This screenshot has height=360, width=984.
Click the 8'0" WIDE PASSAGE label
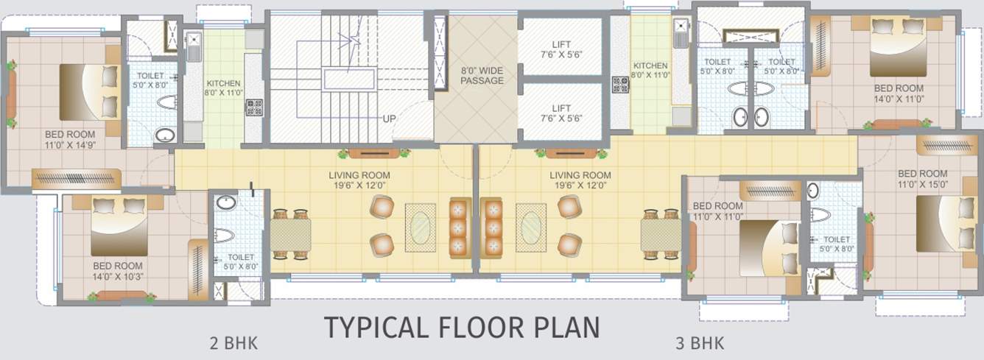pyautogui.click(x=482, y=75)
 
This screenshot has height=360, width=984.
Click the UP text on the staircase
pyautogui.click(x=390, y=119)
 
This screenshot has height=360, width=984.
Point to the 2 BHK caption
pyautogui.click(x=233, y=343)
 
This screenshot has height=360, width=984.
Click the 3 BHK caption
pyautogui.click(x=700, y=343)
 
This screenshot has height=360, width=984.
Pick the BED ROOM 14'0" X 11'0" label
pyautogui.click(x=897, y=93)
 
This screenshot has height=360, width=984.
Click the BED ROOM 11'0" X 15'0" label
pyautogui.click(x=923, y=179)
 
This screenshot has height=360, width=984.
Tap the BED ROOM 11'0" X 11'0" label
pyautogui.click(x=718, y=211)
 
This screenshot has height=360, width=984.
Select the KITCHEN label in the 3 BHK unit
pyautogui.click(x=650, y=71)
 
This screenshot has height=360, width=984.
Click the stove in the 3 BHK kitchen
pyautogui.click(x=620, y=85)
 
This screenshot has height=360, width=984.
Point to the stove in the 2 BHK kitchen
pyautogui.click(x=254, y=107)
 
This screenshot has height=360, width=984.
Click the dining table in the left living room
pyautogui.click(x=290, y=235)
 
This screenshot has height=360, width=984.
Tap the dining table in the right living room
pyautogui.click(x=661, y=235)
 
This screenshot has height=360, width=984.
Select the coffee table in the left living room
pyautogui.click(x=421, y=225)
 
